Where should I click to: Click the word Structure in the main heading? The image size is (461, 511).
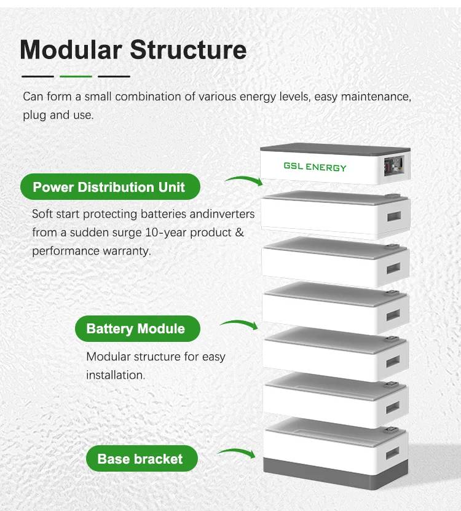point(190,50)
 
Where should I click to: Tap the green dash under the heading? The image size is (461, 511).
point(76,76)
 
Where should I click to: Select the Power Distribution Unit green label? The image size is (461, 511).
point(109,187)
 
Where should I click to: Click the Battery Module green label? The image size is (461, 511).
point(136,328)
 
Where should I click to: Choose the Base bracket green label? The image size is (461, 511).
point(140,459)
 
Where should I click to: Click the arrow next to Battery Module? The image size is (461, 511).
point(239,323)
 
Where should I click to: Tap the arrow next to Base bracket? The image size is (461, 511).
point(237,453)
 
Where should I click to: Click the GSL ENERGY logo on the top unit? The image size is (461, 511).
point(315,167)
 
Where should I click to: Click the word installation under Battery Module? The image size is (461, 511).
point(116,374)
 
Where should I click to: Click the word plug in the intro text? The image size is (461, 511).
point(34,115)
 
